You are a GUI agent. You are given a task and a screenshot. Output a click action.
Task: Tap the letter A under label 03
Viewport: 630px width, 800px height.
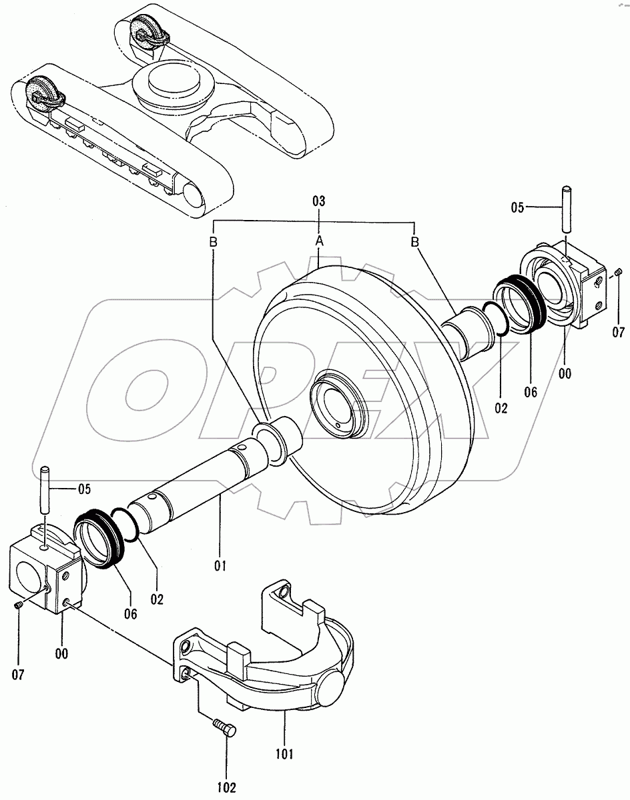click(x=319, y=241)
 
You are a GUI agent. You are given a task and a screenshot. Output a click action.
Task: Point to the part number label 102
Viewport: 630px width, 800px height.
click(x=227, y=787)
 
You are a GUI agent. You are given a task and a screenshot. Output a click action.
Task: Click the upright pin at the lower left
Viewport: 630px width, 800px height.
click(x=46, y=491)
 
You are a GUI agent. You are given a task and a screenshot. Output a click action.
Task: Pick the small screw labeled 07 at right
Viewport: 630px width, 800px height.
click(x=618, y=271)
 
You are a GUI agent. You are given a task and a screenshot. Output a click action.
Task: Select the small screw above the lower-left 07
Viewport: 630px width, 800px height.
click(x=19, y=604)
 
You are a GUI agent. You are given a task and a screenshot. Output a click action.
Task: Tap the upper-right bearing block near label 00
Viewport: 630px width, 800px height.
click(x=565, y=287)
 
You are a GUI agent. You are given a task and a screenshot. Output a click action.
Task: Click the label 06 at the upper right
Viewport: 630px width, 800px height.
click(x=531, y=393)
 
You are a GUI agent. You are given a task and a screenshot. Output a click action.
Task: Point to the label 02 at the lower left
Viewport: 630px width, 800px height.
click(x=157, y=598)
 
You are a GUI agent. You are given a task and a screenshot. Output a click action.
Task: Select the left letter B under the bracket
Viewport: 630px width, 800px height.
click(x=214, y=242)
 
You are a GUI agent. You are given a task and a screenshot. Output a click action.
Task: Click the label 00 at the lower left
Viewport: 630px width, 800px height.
click(x=61, y=654)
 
